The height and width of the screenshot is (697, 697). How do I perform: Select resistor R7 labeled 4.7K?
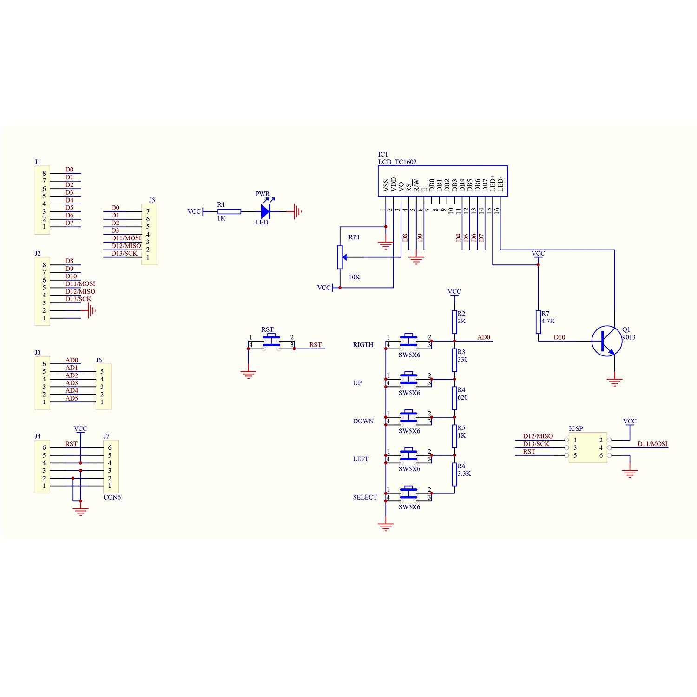[x=538, y=322]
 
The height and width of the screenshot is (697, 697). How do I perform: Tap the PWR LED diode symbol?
[x=265, y=211]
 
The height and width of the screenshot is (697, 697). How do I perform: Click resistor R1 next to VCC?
[x=229, y=211]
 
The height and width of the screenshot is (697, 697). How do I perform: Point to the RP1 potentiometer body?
[x=340, y=257]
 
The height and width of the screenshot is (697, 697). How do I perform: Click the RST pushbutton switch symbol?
[x=271, y=341]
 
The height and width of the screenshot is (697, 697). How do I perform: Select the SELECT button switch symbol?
[x=408, y=493]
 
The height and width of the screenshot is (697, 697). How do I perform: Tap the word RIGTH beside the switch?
[x=363, y=345]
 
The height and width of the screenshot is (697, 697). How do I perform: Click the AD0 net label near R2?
[x=484, y=337]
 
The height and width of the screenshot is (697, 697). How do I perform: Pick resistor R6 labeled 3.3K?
[x=454, y=474]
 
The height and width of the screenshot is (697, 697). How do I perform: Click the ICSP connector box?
[x=588, y=447]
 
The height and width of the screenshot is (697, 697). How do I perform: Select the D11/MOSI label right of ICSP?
[x=652, y=444]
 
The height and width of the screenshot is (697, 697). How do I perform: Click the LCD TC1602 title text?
[x=397, y=162]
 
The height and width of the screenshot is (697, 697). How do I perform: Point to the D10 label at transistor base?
[x=559, y=337]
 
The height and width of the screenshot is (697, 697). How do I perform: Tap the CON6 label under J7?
[x=112, y=497]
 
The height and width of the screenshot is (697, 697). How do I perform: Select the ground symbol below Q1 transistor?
[x=614, y=382]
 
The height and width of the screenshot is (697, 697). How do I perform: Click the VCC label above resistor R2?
[x=454, y=292]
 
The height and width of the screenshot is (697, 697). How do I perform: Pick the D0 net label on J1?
[x=69, y=170]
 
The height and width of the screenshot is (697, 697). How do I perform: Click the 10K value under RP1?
[x=354, y=277]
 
